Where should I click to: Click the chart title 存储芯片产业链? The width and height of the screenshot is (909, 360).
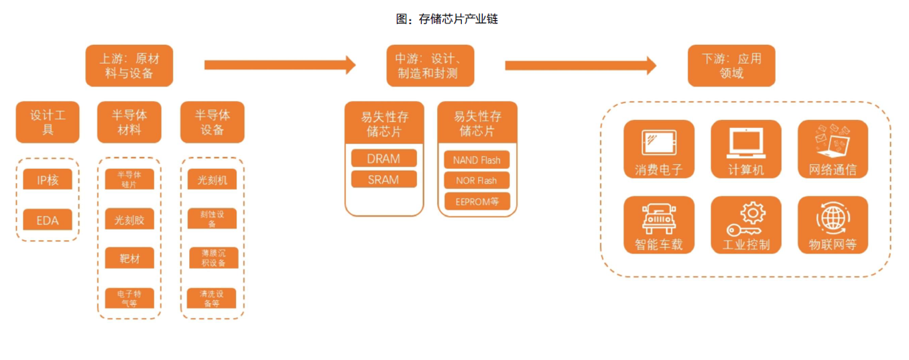(447, 19)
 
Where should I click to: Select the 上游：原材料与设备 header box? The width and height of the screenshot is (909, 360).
(129, 66)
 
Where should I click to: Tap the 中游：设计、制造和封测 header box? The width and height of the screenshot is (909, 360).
(430, 66)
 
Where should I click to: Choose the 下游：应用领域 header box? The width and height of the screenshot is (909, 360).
(731, 66)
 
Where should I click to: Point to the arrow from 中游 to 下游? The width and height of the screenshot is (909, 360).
(581, 65)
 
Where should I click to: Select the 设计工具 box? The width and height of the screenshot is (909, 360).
(48, 122)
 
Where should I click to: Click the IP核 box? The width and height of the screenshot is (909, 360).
(48, 180)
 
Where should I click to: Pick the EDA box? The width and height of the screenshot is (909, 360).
(48, 219)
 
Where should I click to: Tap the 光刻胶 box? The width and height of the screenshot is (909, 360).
(129, 219)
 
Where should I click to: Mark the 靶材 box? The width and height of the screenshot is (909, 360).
(129, 258)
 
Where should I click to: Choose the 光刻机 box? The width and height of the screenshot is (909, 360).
(212, 180)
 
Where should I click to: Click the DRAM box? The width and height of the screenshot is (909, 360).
(383, 159)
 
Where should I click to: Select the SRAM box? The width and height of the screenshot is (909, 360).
(383, 180)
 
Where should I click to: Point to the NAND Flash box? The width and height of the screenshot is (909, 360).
(477, 160)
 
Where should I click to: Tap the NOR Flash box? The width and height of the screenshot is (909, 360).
(477, 180)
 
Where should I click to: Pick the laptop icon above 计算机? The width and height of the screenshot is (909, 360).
(745, 141)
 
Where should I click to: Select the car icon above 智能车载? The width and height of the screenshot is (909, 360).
(658, 217)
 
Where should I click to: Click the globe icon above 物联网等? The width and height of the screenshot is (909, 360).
(833, 219)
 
